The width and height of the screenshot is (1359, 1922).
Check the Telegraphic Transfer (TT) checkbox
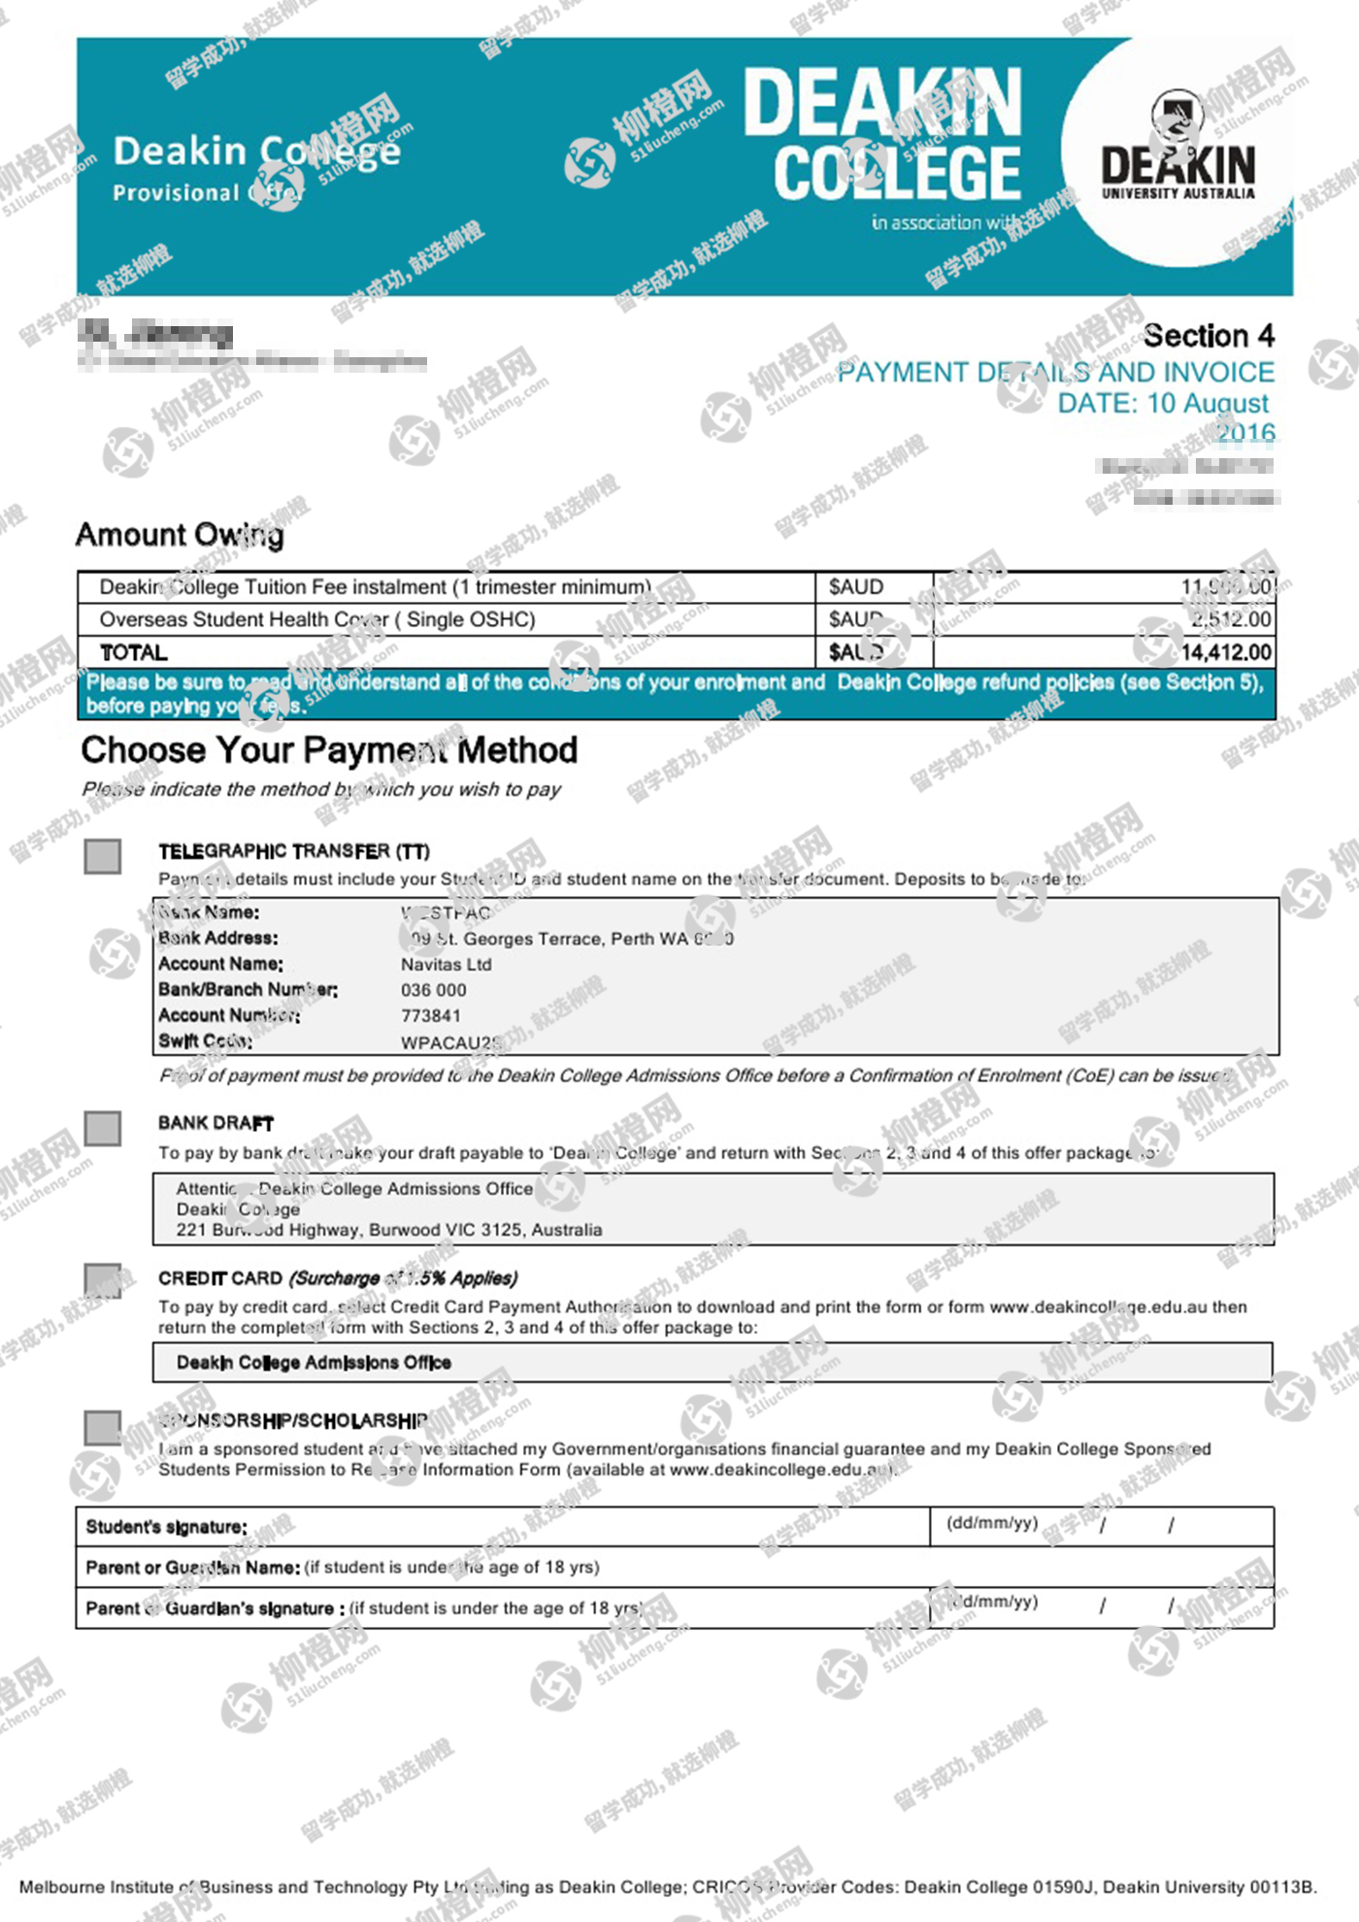103,857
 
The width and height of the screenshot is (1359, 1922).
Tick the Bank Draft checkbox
103,1129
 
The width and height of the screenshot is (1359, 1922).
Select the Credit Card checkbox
103,1280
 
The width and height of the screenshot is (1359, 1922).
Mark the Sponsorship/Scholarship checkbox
103,1428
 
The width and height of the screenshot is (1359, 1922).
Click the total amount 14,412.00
1225,652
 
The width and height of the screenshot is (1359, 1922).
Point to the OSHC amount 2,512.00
1231,619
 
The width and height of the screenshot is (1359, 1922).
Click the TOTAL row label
134,652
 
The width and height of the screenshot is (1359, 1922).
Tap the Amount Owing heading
180,535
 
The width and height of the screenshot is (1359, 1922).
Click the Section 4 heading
1209,336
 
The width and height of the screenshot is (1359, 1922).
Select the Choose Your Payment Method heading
329,750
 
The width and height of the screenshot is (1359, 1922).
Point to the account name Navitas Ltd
447,965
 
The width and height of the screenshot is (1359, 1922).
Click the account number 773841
431,1016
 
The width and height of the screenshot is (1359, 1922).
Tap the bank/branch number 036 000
434,990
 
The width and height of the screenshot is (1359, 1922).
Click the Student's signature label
166,1527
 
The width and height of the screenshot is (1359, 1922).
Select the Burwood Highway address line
388,1230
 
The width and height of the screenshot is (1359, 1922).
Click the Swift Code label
206,1042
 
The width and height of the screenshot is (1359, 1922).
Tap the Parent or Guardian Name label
192,1568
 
